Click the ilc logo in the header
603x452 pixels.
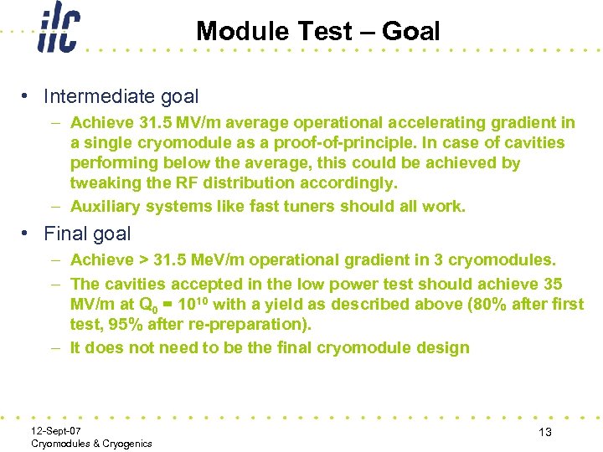coord(58,30)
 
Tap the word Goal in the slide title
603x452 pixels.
coord(410,32)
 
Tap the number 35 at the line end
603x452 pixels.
coord(552,285)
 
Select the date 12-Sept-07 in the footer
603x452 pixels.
coord(56,430)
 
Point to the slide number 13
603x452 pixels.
coord(545,431)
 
